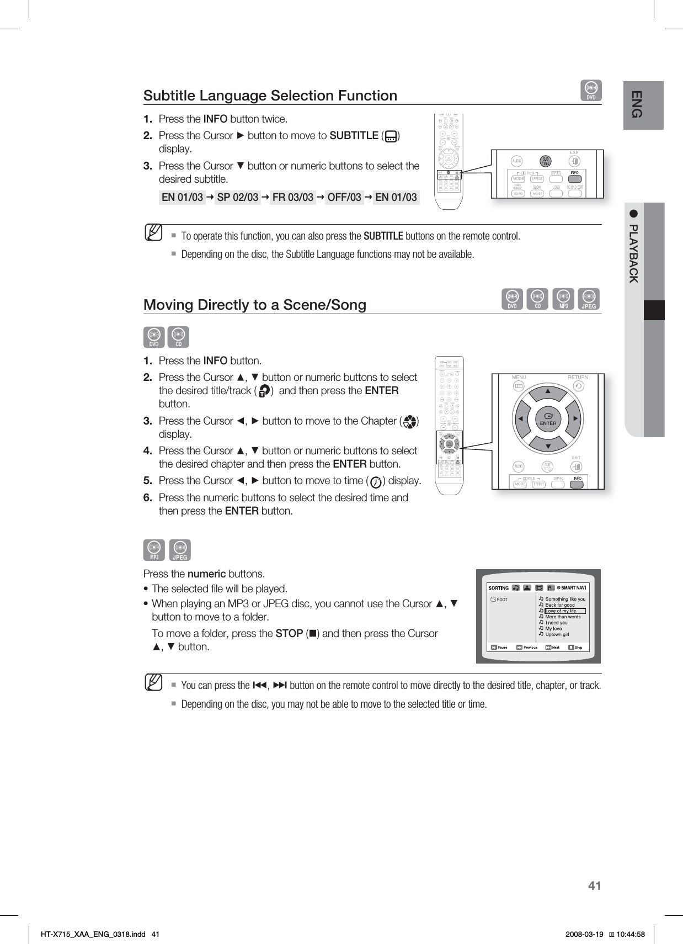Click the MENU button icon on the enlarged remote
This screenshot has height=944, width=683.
tap(519, 386)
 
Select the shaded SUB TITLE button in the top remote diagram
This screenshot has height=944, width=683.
tap(546, 161)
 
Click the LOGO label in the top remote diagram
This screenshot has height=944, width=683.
tap(556, 187)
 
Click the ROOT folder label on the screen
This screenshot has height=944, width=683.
tap(502, 599)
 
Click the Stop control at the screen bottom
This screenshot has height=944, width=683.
tap(575, 648)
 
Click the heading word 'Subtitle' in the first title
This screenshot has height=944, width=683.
tap(169, 96)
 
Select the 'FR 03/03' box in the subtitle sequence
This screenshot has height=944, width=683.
tap(293, 197)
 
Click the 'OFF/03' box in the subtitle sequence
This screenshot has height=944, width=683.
tap(344, 197)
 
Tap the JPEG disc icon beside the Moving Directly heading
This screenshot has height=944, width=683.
tap(589, 299)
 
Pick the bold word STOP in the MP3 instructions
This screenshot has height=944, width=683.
tap(289, 633)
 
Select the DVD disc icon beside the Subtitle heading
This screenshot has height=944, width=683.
tap(591, 91)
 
